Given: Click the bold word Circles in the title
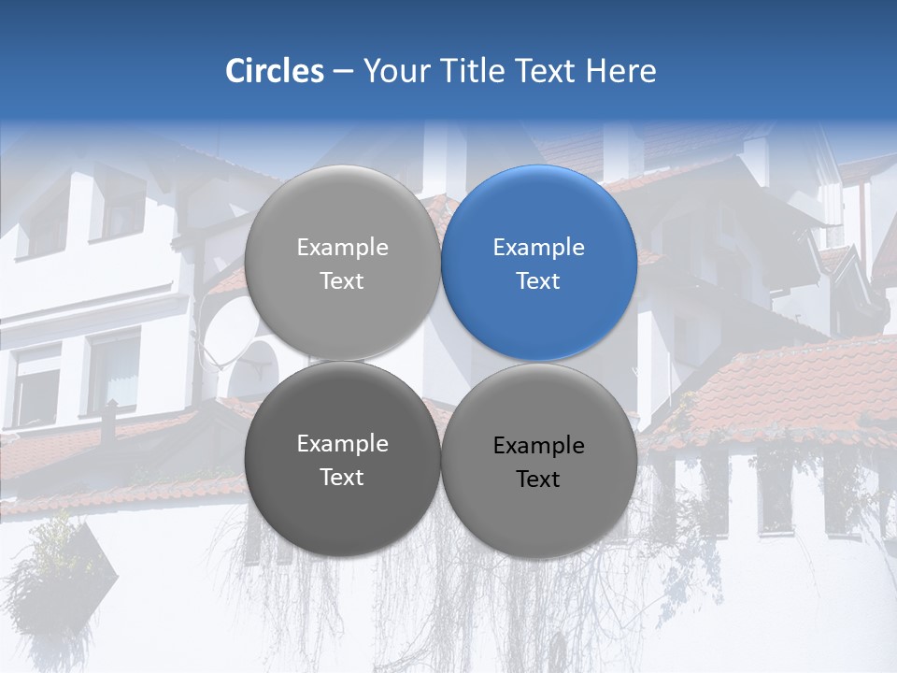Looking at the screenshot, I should click(x=274, y=71).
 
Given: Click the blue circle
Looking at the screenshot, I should click(x=539, y=263).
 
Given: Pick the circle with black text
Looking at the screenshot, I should click(x=539, y=461).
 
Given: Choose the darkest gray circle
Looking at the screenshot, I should click(x=342, y=459).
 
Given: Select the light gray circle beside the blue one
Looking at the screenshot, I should click(x=342, y=263).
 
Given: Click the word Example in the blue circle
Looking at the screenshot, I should click(x=538, y=248).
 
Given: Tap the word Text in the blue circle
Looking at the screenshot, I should click(x=538, y=280).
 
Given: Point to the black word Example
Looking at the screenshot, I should click(x=538, y=446).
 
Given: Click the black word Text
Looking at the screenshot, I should click(x=538, y=479).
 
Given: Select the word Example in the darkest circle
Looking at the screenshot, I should click(x=342, y=444).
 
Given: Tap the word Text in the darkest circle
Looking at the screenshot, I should click(x=342, y=477).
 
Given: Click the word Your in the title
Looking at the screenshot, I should click(x=392, y=71).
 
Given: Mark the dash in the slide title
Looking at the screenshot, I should click(x=342, y=72).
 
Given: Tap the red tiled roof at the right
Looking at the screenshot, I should click(x=794, y=383).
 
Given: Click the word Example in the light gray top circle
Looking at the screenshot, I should click(x=342, y=248).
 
